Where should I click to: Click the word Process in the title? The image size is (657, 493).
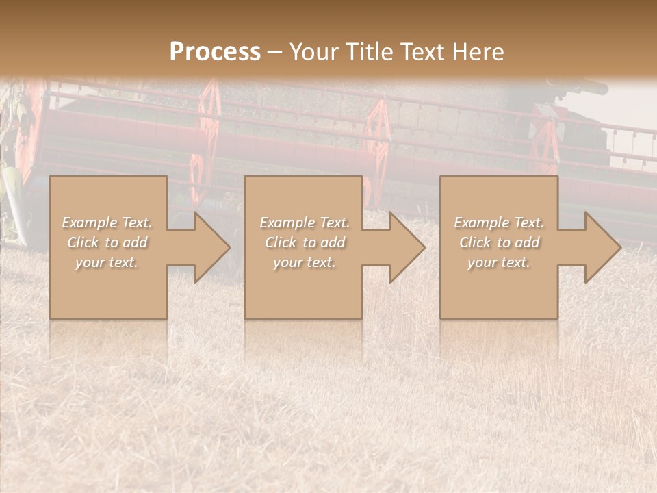pyautogui.click(x=215, y=52)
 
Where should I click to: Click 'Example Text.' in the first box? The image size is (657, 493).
pyautogui.click(x=107, y=223)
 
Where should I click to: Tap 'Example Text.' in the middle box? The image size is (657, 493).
pyautogui.click(x=305, y=223)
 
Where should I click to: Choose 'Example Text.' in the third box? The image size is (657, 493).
pyautogui.click(x=499, y=223)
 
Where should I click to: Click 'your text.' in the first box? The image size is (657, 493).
pyautogui.click(x=107, y=262)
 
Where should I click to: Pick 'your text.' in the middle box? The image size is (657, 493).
pyautogui.click(x=304, y=262)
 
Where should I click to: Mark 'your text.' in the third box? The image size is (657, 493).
pyautogui.click(x=499, y=262)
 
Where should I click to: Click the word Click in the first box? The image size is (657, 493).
pyautogui.click(x=83, y=242)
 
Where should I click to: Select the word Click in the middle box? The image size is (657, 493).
pyautogui.click(x=281, y=242)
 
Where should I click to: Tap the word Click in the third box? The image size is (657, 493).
pyautogui.click(x=475, y=242)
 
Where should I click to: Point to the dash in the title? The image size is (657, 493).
pyautogui.click(x=274, y=53)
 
